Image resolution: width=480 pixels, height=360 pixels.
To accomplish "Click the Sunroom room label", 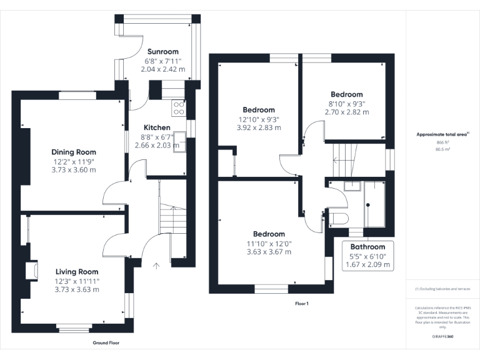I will [162, 52].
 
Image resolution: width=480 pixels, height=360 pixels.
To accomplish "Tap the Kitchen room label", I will [157, 127].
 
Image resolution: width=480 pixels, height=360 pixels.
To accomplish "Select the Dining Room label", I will [74, 152].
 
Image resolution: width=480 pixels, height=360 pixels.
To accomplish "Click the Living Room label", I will [77, 272].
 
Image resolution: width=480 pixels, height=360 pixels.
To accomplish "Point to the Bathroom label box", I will [368, 256].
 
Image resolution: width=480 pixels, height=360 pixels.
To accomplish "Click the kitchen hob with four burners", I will [179, 107].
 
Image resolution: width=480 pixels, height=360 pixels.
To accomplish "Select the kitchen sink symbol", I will [180, 141].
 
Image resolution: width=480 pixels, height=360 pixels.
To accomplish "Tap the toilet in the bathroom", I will [338, 218].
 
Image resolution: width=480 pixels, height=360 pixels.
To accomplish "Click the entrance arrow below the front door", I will [156, 266].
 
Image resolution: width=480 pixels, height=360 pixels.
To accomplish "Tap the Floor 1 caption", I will [302, 304].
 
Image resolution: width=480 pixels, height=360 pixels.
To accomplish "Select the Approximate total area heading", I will [442, 134].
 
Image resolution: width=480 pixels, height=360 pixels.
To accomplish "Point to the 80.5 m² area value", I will [442, 149].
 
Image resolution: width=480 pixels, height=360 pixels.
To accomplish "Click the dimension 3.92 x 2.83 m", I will [259, 127].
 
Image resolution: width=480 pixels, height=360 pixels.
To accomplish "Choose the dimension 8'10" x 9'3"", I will [346, 104].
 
